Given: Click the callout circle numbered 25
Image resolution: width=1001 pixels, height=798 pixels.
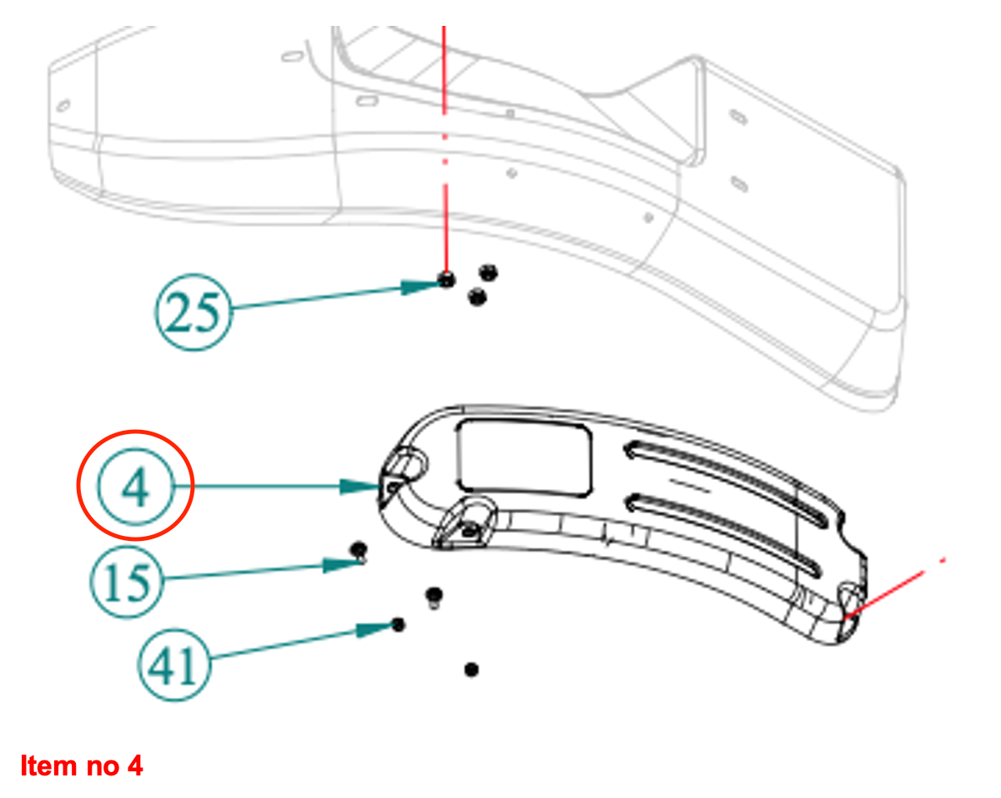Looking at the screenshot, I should point(193,314).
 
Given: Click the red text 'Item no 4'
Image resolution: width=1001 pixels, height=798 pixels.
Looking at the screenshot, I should point(82,765).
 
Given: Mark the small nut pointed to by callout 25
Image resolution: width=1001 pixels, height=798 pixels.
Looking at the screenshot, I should point(447,280).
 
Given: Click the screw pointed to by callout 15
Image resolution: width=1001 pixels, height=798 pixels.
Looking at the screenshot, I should point(359,550).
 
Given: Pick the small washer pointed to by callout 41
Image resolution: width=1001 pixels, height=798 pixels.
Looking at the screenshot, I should point(399,624).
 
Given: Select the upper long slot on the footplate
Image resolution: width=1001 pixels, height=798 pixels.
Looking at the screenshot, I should point(726,480).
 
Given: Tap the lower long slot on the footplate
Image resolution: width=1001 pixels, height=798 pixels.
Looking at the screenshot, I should point(722,532).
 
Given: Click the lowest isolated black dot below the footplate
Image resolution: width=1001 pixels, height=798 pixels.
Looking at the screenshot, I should point(471,669).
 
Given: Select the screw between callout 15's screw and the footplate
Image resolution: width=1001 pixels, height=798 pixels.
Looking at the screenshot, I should point(434,596).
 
